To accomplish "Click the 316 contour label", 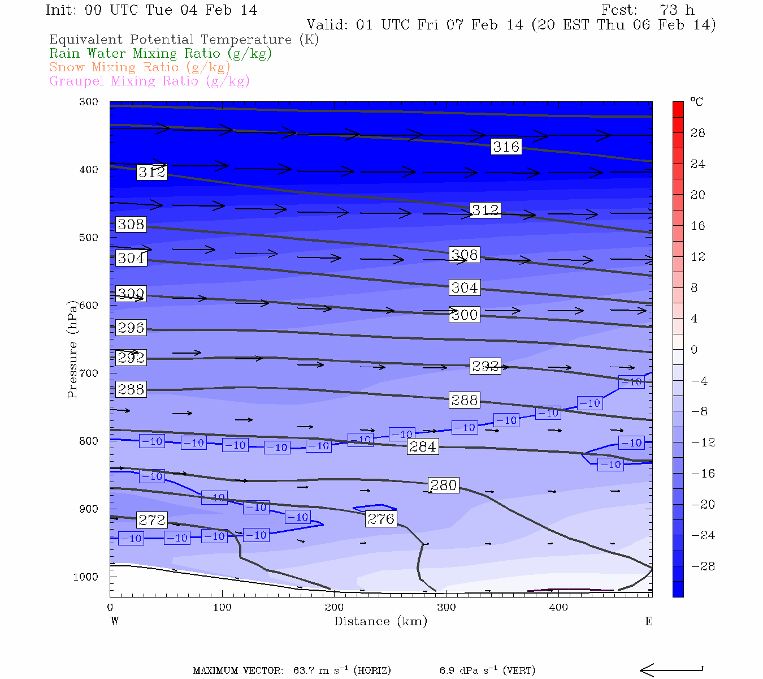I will point(506,147).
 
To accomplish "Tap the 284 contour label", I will point(422,446).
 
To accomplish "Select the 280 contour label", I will point(444,485).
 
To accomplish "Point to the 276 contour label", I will point(381,518).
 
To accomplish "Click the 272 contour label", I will point(152,519).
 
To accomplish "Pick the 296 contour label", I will point(131,328).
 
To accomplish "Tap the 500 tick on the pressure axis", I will point(88,238).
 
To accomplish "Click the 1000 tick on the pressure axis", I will point(85,577).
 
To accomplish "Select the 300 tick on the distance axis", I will point(446,608).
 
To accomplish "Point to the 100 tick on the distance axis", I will point(222,608).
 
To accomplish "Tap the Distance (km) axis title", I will point(380,621).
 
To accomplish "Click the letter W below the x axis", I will point(115,621).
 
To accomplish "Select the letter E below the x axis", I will point(649,621).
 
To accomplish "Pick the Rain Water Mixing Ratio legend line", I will point(161,54).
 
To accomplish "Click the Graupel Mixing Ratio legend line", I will point(149,81).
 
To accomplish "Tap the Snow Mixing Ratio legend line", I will point(140,67).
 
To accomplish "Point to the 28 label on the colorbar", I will point(698,133).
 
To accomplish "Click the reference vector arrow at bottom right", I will point(671,671).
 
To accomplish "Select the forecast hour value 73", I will point(668,10).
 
